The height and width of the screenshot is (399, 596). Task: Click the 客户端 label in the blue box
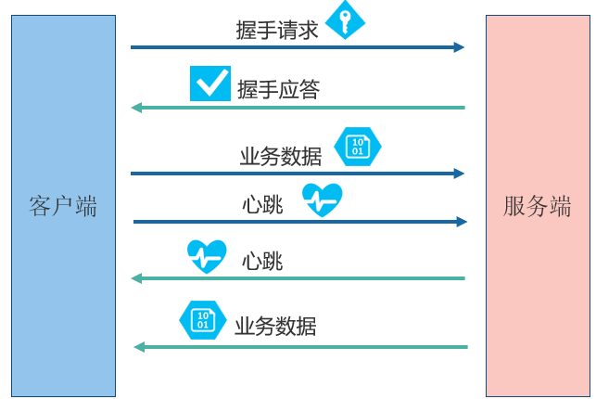(63, 207)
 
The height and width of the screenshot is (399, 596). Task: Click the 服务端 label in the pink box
(537, 207)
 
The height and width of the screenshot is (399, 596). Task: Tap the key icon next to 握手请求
(345, 20)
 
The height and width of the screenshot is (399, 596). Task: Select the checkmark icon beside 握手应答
(210, 84)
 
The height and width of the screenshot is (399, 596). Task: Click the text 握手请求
(277, 30)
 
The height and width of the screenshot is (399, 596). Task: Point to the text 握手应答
(279, 90)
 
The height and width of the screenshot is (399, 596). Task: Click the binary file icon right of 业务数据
(358, 147)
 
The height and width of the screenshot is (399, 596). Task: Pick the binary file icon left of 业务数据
(203, 320)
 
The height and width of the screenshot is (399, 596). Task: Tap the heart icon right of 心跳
(323, 199)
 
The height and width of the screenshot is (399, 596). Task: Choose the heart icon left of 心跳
(207, 256)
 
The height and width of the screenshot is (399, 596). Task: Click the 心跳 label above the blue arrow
(262, 205)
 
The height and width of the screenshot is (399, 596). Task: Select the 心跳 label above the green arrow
(262, 262)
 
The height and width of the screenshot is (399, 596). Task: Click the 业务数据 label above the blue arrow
(281, 157)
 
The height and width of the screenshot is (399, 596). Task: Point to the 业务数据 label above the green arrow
(275, 327)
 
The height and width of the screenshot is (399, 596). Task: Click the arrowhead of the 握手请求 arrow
(459, 47)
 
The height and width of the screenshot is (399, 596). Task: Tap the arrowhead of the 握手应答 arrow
(136, 108)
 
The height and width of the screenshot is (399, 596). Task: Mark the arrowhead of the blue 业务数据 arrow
(459, 174)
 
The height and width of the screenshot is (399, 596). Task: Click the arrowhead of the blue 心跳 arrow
(462, 222)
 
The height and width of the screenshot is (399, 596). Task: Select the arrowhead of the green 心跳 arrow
(136, 278)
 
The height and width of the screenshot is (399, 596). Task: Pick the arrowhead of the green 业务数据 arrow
(139, 347)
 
